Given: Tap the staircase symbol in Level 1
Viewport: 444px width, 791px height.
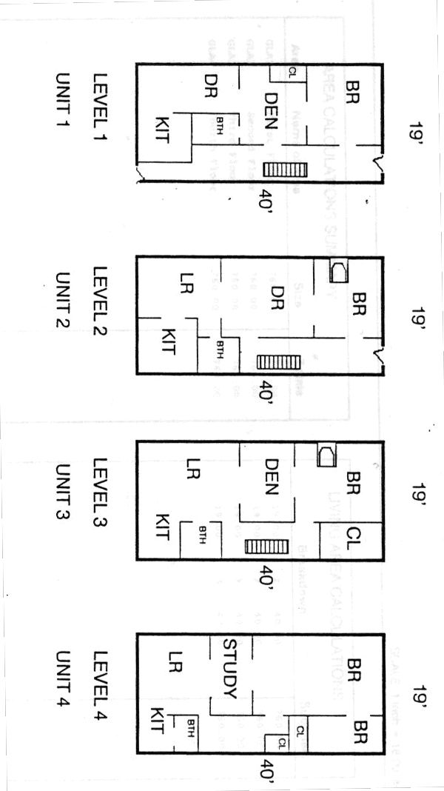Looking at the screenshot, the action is [x=285, y=170].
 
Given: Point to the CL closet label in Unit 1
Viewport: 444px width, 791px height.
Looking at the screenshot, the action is [x=292, y=72].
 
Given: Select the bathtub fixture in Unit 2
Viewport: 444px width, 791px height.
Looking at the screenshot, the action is [x=338, y=272].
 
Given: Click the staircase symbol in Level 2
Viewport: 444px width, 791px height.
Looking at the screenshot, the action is [x=279, y=362].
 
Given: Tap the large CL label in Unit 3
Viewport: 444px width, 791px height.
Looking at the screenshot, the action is [x=352, y=535].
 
